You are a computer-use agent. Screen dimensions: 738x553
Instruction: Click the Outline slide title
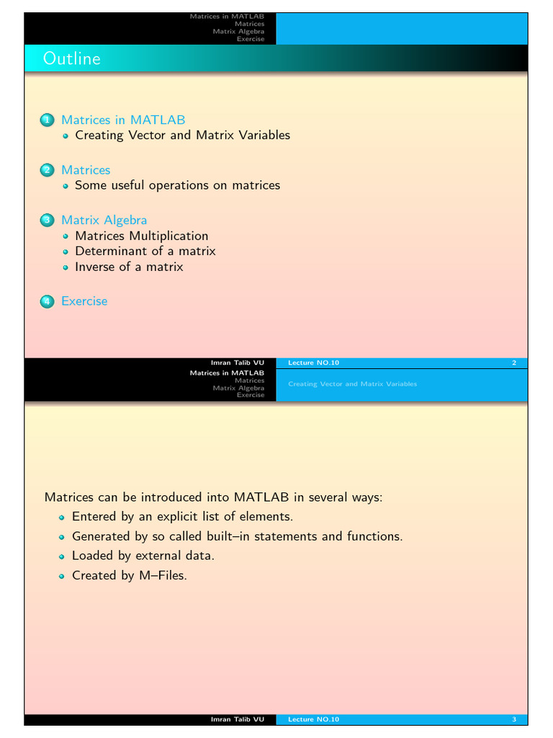point(71,58)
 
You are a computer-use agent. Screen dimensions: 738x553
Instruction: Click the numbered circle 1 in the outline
point(47,120)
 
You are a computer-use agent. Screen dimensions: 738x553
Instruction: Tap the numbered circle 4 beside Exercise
point(47,301)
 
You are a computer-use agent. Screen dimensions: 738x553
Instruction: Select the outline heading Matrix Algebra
point(104,220)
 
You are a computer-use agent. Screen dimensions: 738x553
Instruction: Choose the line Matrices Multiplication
point(141,236)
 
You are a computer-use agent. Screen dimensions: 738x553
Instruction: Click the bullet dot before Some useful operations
point(65,186)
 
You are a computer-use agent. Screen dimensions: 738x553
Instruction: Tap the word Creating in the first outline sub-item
point(99,135)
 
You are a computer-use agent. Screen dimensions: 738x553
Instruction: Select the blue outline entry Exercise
point(84,301)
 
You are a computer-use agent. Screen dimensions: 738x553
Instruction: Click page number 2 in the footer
point(514,363)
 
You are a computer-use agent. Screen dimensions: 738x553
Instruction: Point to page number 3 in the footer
point(514,719)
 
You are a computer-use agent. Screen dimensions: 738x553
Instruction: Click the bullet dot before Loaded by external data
point(62,556)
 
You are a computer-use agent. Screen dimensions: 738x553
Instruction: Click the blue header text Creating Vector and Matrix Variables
point(352,384)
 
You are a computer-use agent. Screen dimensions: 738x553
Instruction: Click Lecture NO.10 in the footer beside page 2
point(313,363)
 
